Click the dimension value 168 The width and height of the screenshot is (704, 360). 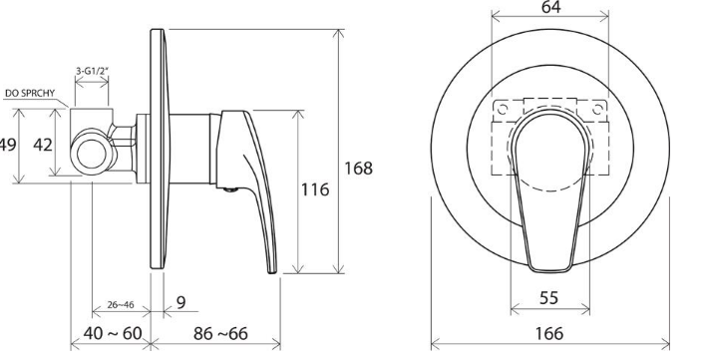(358, 169)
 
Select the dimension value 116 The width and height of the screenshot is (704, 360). (315, 189)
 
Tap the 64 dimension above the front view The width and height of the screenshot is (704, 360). (550, 7)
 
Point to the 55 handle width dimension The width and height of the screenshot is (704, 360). (548, 297)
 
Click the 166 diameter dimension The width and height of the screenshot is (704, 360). (549, 333)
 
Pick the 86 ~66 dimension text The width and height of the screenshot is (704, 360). (220, 333)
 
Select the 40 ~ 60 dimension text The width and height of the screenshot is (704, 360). (113, 333)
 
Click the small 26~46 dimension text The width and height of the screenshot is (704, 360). (121, 305)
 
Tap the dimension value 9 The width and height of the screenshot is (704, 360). (180, 302)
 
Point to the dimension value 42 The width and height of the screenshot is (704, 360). (43, 145)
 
